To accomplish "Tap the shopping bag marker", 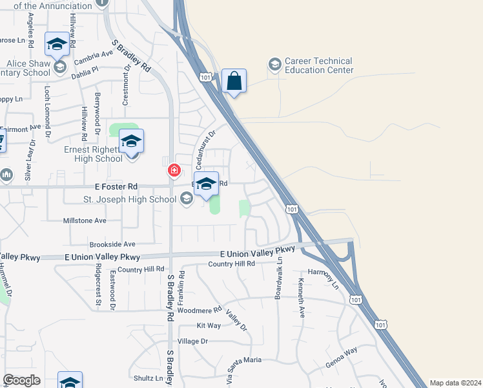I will pos(234,81).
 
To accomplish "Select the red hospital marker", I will pos(174,171).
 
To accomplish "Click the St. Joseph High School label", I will pos(130,199).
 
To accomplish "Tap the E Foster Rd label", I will pos(115,186).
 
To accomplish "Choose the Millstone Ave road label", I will pos(84,221).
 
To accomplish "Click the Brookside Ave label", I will pos(112,244).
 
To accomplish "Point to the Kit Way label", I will pos(209,325).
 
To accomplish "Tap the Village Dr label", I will pos(192,341).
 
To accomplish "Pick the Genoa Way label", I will pos(342,357).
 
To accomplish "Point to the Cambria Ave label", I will pos(93,58).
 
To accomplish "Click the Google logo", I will pos(21,380).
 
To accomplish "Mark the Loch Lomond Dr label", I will pos(47,111).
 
